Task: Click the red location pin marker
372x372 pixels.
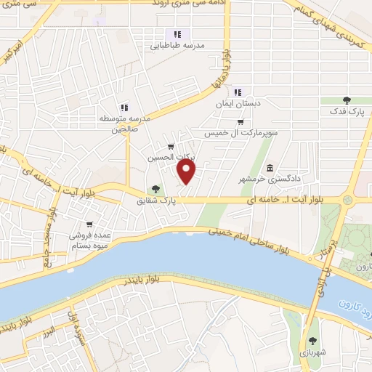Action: pos(187,172)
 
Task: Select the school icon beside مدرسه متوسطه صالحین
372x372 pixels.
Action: pos(124,108)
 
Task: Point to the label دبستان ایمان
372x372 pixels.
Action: pos(238,104)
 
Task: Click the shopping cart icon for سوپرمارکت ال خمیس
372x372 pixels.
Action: pos(240,122)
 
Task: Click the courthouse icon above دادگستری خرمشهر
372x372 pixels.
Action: pos(270,168)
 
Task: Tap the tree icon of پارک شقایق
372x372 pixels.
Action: pos(155,189)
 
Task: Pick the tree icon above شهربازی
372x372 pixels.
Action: pos(313,341)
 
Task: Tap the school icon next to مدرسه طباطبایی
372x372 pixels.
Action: pos(177,34)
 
